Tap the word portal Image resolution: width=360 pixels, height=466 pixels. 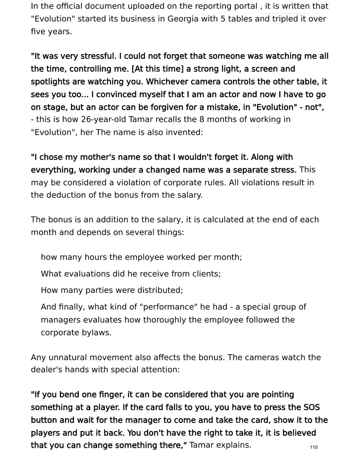coord(245,6)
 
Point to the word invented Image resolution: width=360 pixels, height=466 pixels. coord(184,132)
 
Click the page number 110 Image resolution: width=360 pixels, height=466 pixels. coord(314,447)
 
